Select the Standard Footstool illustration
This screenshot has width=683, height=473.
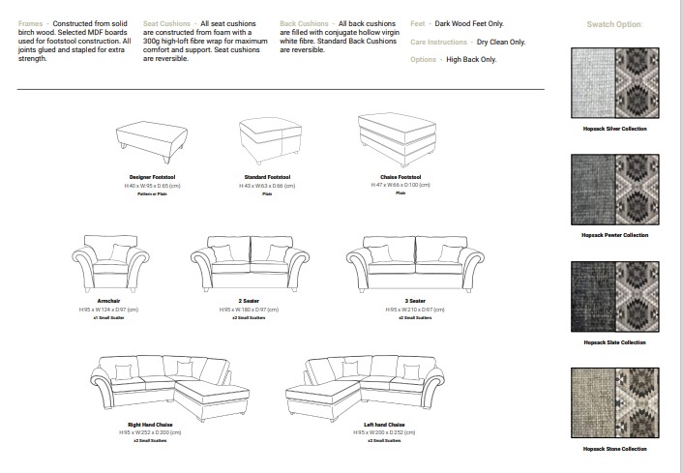266,141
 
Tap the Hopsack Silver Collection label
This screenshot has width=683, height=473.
615,129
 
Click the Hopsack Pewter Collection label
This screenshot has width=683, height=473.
615,235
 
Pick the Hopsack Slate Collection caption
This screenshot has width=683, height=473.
615,342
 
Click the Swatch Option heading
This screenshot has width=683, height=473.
615,23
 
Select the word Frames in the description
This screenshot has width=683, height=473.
30,21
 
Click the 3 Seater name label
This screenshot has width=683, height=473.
415,301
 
